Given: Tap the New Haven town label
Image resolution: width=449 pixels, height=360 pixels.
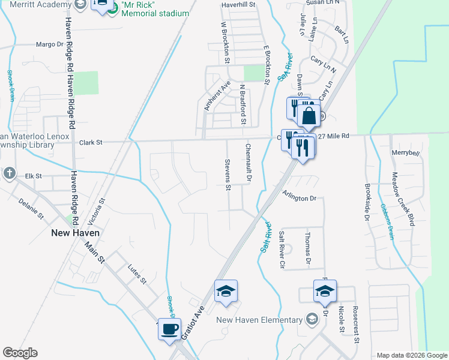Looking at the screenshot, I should click(x=75, y=233).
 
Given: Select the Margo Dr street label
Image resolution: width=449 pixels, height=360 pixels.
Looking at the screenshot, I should click(x=49, y=44).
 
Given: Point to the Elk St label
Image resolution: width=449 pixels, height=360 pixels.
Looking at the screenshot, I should click(x=34, y=176).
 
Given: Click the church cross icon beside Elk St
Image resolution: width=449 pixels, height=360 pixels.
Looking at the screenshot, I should click(x=9, y=173).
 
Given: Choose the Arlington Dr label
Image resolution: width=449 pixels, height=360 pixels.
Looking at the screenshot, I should click(x=299, y=199).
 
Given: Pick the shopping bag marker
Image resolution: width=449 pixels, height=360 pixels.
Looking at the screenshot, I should click(x=309, y=115).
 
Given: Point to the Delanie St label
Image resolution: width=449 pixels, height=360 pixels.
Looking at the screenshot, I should click(x=31, y=207).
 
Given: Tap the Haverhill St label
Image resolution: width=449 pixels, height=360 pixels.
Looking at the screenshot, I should click(x=238, y=4).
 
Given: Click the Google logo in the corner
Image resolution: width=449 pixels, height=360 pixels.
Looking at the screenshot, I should click(x=20, y=353).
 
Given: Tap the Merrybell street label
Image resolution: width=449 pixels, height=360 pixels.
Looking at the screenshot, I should click(x=405, y=154).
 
